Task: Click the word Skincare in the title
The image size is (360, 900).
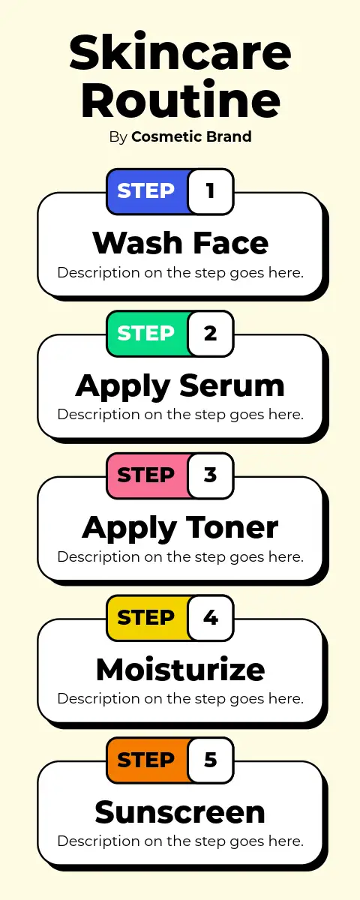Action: point(180,52)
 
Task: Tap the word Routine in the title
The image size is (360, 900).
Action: point(181,99)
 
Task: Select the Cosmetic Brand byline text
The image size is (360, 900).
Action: point(191,136)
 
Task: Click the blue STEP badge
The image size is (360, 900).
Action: point(147,191)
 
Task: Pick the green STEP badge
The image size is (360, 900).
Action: point(147,334)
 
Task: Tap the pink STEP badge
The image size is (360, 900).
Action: point(147,475)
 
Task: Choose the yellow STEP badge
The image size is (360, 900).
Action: point(147,617)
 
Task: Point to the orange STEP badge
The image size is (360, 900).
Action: point(147,760)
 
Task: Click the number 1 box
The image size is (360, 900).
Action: point(211,191)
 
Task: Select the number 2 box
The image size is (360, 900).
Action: point(211,334)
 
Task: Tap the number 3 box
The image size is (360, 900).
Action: point(211,475)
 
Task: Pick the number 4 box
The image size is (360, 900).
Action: point(211,617)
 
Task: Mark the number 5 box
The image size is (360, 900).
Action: point(211,760)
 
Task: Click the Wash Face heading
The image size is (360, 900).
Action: point(181,243)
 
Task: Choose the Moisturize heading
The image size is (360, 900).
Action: point(181,669)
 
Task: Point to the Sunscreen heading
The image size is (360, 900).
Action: point(180,811)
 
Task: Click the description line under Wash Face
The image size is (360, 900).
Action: point(181,273)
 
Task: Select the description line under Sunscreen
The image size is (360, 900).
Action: point(181,841)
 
